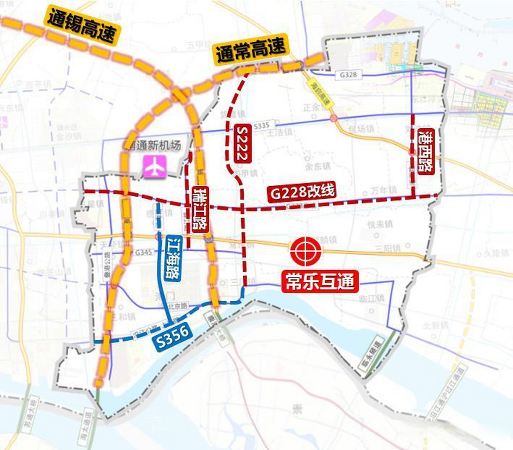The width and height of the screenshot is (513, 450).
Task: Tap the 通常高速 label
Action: (x=251, y=50)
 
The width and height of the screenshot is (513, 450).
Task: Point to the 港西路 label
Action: (x=426, y=152)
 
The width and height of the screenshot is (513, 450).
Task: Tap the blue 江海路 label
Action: (x=173, y=258)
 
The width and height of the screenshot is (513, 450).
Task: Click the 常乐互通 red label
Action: (x=320, y=282)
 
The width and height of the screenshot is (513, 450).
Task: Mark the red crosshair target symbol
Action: (x=306, y=251)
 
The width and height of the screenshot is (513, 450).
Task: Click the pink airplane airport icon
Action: (x=154, y=167)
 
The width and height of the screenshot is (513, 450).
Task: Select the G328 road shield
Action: (x=348, y=75)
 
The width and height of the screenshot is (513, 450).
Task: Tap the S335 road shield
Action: (x=261, y=125)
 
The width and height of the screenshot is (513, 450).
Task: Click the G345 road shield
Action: (x=143, y=252)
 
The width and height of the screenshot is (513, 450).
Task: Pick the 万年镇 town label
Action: (x=384, y=191)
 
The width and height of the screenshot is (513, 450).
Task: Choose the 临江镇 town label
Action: (x=372, y=298)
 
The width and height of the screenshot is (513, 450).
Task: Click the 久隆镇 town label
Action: (x=496, y=253)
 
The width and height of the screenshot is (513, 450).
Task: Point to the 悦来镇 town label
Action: (x=380, y=224)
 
